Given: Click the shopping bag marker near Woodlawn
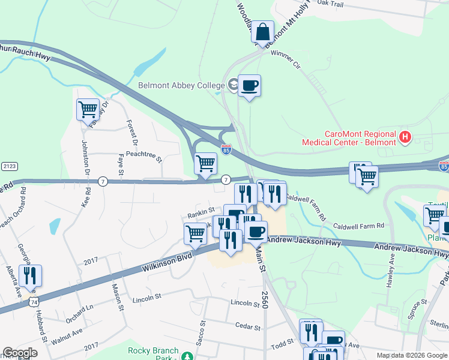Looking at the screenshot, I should pos(262,31).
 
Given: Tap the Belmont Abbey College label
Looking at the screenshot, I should pos(181,86).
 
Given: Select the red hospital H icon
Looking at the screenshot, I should pos(405,137).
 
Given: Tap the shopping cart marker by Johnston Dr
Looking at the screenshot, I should pos(88,110).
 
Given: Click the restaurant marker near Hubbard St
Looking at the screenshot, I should pos(30,275).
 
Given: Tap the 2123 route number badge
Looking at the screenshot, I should pos(9,166).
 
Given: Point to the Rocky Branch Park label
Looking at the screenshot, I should pos(154,354).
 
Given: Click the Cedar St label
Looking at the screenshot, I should pos(248,328).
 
